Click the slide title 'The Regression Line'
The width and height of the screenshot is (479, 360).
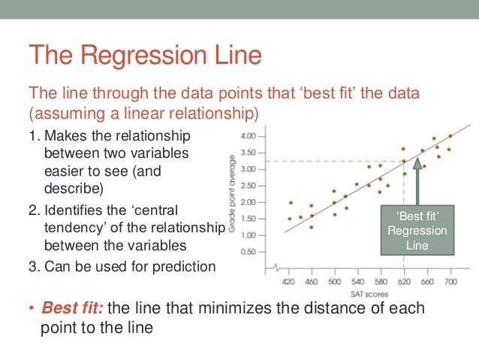[144, 56]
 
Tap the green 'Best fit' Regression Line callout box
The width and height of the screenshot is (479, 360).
[416, 230]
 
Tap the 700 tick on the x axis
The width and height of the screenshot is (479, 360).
[449, 282]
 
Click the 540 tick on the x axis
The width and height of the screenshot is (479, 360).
[357, 282]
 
